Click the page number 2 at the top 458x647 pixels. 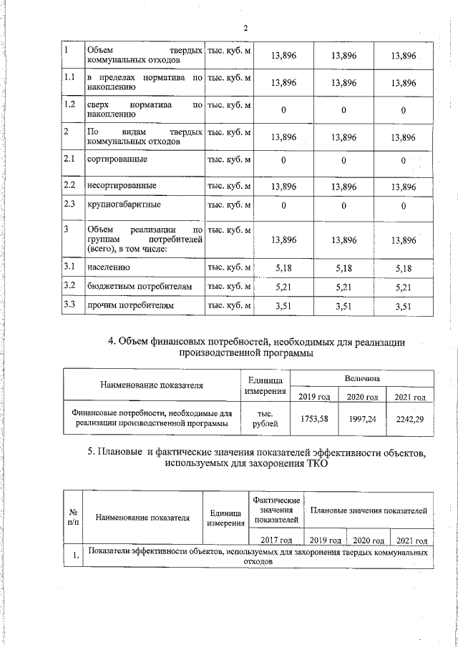tap(245, 29)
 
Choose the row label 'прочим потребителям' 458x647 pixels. tap(130, 306)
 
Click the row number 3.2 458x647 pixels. tap(70, 286)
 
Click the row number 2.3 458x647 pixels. tap(70, 205)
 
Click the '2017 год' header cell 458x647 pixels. tap(276, 540)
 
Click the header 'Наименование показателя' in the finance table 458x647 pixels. tap(151, 385)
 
